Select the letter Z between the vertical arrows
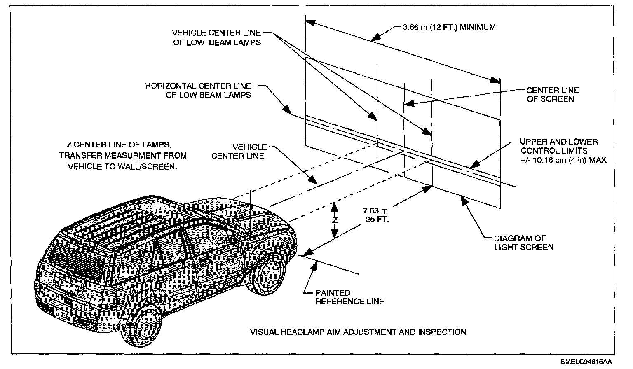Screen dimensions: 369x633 (x=335, y=220)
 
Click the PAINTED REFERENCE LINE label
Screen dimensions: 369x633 (x=349, y=297)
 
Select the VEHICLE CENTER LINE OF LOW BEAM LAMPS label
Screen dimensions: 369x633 (x=216, y=37)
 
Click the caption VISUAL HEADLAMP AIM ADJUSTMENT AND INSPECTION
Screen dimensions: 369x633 (x=358, y=332)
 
